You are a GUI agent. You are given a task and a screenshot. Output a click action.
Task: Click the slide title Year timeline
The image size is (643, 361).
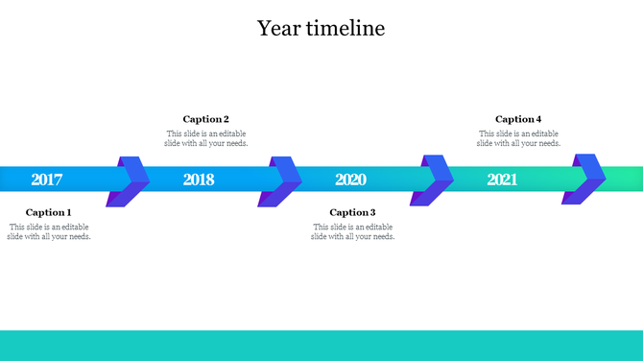[x=321, y=29]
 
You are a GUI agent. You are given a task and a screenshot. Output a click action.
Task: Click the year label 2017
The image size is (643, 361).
[x=47, y=180]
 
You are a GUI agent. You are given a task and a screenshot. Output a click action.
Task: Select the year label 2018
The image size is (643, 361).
[x=199, y=180]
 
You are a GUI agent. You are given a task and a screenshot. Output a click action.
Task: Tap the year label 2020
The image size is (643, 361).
[x=350, y=180]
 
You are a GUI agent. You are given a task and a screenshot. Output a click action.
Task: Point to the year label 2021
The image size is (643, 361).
[x=502, y=180]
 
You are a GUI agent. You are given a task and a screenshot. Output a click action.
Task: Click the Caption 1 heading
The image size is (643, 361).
[x=49, y=212]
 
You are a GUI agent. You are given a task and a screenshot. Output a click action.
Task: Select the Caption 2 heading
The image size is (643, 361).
[x=206, y=119]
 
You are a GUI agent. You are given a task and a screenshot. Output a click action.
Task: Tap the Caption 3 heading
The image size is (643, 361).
[x=352, y=212]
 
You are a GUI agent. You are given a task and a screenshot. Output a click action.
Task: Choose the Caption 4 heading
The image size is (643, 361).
[x=518, y=119]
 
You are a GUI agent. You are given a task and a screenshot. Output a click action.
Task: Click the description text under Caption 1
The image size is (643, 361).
[x=50, y=231]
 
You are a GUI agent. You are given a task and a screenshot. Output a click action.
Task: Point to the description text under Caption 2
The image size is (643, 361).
[x=206, y=138]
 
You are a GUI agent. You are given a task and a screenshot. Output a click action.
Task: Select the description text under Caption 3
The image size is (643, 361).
[x=352, y=231]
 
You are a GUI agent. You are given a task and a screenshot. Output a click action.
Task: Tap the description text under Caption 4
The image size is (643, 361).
[x=518, y=138]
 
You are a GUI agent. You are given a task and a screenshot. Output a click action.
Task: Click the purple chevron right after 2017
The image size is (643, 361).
[x=131, y=180]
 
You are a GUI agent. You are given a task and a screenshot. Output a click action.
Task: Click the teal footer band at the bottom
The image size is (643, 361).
[x=321, y=345]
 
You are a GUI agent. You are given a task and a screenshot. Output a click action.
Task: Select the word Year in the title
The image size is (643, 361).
[x=276, y=29]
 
